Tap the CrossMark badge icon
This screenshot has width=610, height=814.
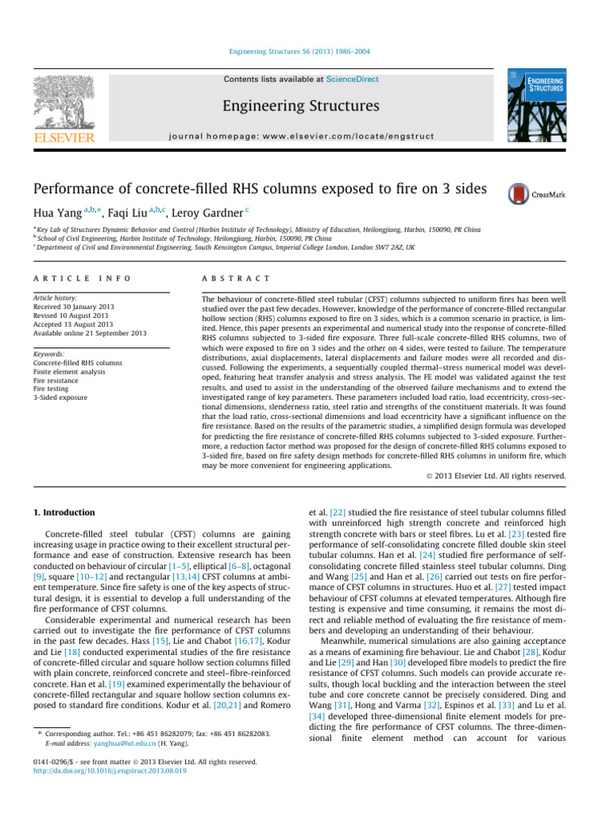coord(519,193)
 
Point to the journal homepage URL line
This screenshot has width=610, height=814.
coord(305,136)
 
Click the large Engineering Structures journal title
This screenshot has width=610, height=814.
coord(305,106)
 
